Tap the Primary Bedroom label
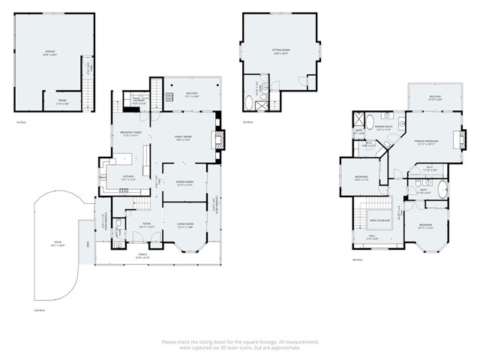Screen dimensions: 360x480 point(427,142)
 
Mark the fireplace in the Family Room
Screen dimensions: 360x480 point(219,137)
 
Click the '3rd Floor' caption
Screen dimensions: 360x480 point(247,121)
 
